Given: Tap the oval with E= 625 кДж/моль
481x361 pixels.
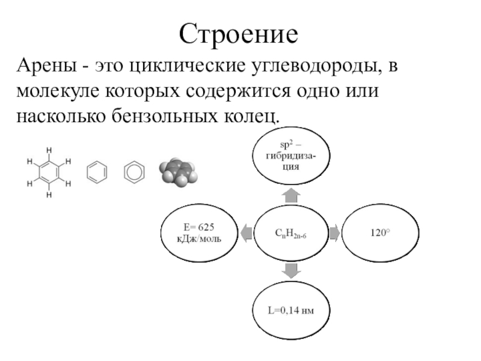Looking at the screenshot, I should click(x=199, y=232).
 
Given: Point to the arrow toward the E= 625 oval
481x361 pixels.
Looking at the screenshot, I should click(x=246, y=232).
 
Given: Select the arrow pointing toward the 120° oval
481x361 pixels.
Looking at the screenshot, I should click(x=335, y=232).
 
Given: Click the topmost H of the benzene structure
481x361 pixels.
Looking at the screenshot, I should click(x=49, y=150).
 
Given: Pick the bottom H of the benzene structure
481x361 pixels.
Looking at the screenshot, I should click(x=49, y=195).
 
